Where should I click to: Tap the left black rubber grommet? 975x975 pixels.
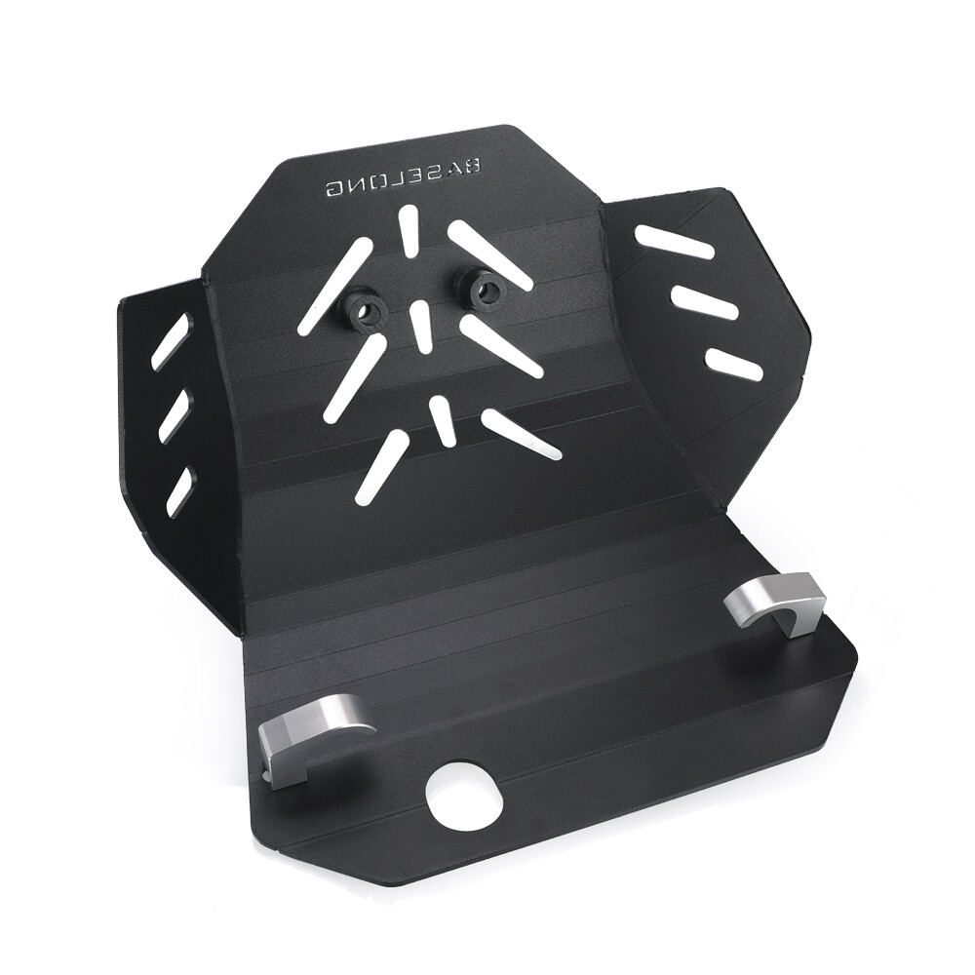367,308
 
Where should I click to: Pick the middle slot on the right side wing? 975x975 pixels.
703,302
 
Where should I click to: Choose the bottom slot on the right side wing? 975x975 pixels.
734,364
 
